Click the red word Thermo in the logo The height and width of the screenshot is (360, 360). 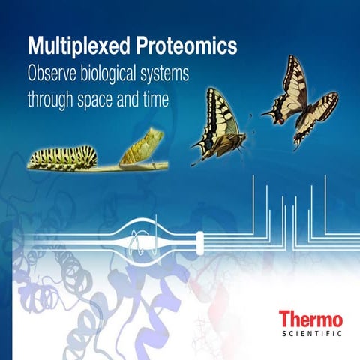pyautogui.click(x=310, y=318)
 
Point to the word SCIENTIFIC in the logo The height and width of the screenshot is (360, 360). pyautogui.click(x=310, y=333)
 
